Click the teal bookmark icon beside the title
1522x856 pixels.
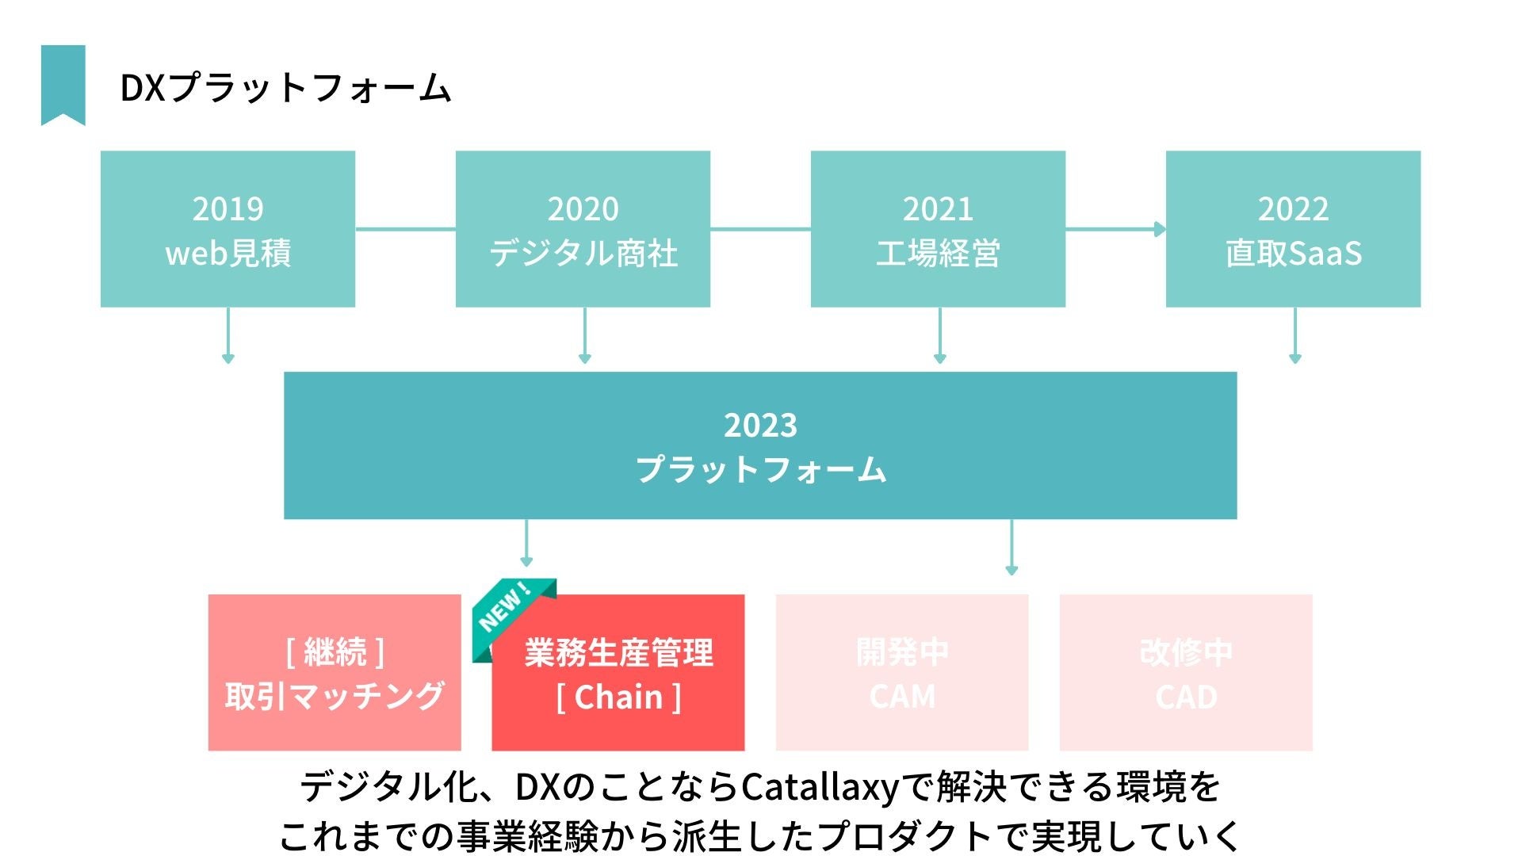tap(63, 84)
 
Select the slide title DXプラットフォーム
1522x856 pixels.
tap(285, 88)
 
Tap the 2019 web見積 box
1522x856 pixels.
tap(228, 229)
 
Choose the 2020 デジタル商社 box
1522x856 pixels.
tap(583, 229)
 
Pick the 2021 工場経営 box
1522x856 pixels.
tap(938, 229)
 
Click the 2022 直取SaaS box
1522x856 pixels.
tap(1293, 229)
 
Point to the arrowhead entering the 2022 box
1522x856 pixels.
tap(1160, 229)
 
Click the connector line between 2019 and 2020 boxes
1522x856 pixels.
tap(405, 229)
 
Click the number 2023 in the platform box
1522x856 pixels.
tap(760, 426)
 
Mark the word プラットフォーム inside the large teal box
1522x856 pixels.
tap(761, 469)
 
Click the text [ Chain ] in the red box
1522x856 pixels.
tap(618, 697)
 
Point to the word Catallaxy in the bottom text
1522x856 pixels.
tap(820, 787)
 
